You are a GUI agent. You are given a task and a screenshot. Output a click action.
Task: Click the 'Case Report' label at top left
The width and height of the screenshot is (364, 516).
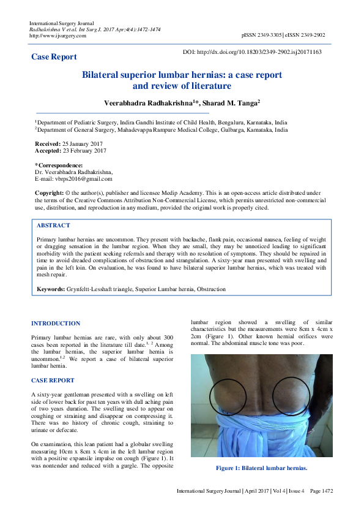coord(54,57)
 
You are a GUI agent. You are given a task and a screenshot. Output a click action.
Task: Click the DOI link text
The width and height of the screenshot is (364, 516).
coord(252,52)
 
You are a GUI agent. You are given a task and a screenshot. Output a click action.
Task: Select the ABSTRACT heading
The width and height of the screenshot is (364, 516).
coord(53,226)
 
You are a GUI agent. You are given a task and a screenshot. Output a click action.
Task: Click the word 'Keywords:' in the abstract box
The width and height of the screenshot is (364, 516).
coord(51,288)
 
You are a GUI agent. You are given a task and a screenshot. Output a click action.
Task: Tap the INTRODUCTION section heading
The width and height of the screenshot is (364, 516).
coord(56,324)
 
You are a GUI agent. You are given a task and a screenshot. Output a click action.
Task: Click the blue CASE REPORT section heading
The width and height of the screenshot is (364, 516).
coord(53,381)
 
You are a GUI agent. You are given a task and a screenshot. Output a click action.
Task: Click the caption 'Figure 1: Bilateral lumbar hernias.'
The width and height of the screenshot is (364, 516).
coord(261,468)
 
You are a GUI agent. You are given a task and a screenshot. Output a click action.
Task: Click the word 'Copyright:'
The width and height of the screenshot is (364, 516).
coord(49,192)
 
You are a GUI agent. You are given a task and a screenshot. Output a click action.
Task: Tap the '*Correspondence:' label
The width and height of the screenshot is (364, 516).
coord(59,165)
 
